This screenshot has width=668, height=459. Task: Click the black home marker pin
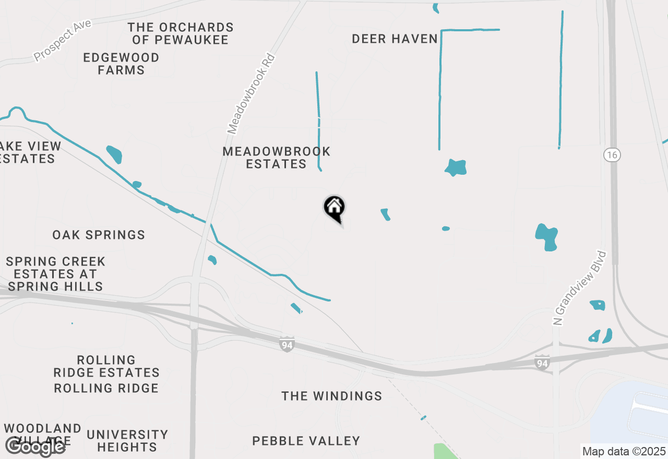tap(335, 208)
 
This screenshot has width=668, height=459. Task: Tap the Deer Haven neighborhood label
tap(395, 39)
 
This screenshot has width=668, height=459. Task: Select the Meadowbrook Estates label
tap(276, 158)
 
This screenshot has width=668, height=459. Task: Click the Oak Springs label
tap(99, 235)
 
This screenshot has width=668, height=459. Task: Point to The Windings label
tap(332, 396)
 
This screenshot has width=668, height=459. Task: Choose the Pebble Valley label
tap(306, 441)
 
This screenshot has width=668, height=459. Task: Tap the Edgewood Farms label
tap(121, 64)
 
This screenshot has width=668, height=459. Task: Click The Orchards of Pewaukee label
tap(181, 33)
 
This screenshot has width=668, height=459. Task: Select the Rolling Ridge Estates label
tap(106, 366)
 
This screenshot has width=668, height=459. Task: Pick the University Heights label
tap(127, 441)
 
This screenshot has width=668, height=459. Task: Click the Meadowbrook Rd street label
tap(251, 94)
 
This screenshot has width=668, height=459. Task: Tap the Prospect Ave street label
tap(63, 40)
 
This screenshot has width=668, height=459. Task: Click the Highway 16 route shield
tap(612, 155)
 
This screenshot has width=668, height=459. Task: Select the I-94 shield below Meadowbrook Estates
tap(287, 344)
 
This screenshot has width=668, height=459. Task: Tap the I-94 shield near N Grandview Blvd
tap(542, 363)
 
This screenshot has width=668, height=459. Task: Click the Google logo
tap(35, 446)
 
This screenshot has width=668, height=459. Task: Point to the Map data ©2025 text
tap(624, 451)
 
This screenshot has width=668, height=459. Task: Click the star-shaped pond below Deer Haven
tap(456, 167)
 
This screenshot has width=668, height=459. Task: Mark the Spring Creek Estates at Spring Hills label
tap(55, 273)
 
